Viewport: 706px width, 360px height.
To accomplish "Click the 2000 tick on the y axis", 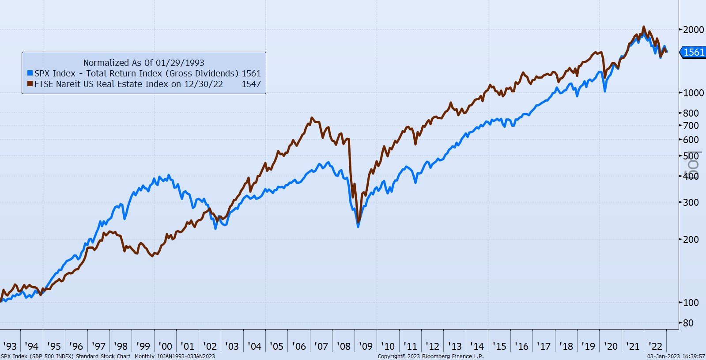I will click(x=693, y=30).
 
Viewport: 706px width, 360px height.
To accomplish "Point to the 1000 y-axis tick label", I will click(x=693, y=93).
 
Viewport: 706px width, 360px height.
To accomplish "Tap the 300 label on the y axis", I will click(x=691, y=202).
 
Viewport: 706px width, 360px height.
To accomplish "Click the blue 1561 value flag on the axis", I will click(x=693, y=52).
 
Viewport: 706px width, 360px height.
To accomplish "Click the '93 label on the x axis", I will click(x=10, y=346).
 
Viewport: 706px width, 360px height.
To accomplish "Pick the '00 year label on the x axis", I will click(x=165, y=346).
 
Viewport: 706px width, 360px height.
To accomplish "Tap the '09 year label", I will click(x=366, y=346).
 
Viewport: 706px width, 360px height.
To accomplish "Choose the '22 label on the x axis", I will click(x=655, y=346).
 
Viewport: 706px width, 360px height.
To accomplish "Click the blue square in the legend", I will click(x=30, y=73).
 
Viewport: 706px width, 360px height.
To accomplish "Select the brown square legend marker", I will click(x=30, y=84).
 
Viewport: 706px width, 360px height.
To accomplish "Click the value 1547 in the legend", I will click(x=251, y=84).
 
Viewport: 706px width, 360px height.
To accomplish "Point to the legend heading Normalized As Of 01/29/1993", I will click(x=143, y=63).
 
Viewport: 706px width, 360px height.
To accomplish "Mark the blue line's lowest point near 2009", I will click(x=358, y=227).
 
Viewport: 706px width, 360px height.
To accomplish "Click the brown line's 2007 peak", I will click(x=312, y=118).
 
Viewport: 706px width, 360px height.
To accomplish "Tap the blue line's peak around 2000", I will click(x=170, y=176).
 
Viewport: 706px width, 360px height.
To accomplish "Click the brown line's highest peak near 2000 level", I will click(x=644, y=27).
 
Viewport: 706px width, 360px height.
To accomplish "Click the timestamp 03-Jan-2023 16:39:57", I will click(x=676, y=356).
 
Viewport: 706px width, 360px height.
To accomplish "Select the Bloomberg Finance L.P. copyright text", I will click(x=430, y=356).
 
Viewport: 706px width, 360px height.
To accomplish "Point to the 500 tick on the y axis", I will click(x=691, y=156).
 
